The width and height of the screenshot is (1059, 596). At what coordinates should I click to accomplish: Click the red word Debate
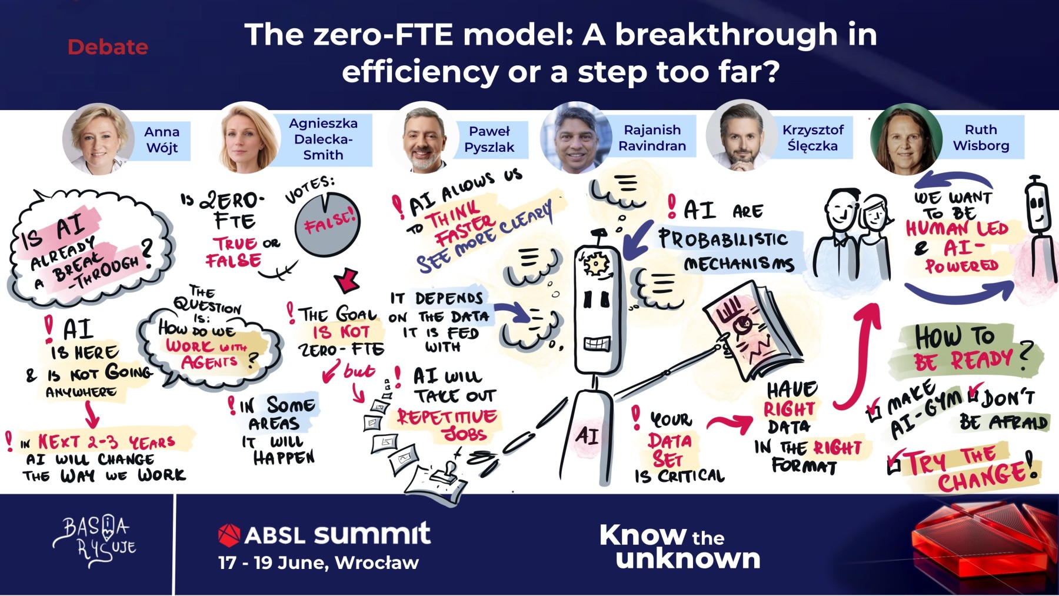[x=108, y=47]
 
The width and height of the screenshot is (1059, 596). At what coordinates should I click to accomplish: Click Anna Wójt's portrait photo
[x=98, y=139]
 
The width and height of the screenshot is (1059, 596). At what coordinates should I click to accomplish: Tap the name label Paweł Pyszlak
[x=489, y=139]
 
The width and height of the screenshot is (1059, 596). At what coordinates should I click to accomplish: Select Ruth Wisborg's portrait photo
[x=907, y=139]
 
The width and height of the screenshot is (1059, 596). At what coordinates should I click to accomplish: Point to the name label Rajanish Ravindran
[x=652, y=138]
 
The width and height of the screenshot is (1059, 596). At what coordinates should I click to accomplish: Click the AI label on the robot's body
[x=587, y=435]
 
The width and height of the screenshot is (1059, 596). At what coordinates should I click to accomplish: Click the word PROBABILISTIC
[x=722, y=238]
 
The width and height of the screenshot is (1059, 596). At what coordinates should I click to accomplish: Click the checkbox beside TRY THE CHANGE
[x=894, y=465]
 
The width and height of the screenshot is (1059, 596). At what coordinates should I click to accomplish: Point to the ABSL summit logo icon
[x=229, y=535]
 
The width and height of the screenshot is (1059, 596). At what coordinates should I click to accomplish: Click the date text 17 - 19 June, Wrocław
[x=318, y=563]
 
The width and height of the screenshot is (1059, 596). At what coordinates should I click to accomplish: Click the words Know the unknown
[x=680, y=547]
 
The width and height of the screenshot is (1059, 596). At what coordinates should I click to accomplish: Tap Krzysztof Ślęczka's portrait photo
[x=741, y=136]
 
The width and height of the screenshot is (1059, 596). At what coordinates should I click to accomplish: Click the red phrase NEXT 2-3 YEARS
[x=106, y=441]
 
